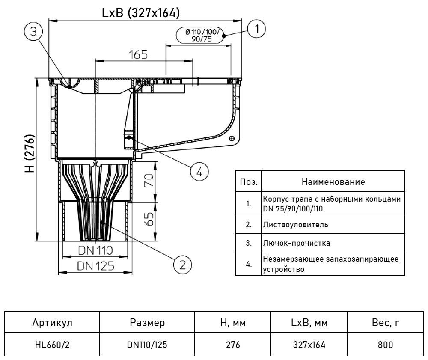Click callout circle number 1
coord(256,29)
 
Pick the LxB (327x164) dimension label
coord(140,13)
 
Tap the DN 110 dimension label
coord(95,250)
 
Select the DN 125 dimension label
coord(95,266)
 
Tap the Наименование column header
coord(333,181)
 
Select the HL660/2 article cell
coord(52,344)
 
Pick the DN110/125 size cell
coord(147,344)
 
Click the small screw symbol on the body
coord(232,138)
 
